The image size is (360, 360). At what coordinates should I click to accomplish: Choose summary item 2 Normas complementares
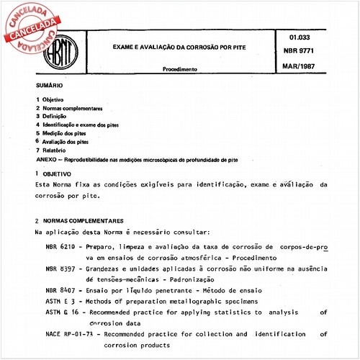pos(68,108)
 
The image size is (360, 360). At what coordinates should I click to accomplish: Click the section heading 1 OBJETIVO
pos(57,174)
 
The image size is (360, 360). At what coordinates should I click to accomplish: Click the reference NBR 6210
pos(58,247)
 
